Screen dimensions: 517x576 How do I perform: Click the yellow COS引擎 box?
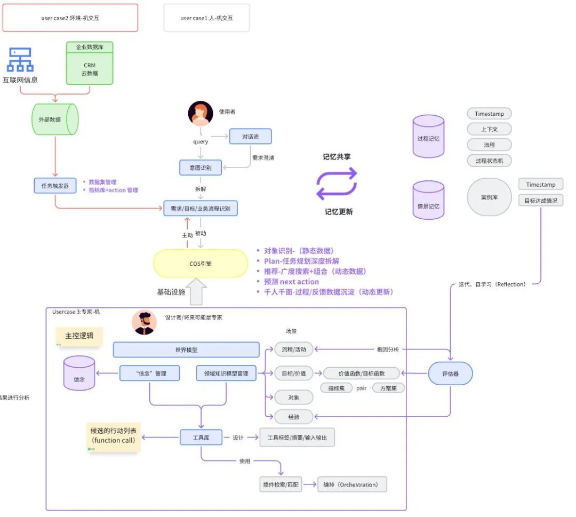coord(201,264)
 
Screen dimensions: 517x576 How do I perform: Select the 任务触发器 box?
coord(54,186)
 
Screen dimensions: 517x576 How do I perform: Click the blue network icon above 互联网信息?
coord(20,60)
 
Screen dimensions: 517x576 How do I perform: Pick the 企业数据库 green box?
coord(90,63)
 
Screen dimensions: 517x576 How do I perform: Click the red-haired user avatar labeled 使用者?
coord(201,113)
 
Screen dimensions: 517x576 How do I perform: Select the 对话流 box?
coord(250,136)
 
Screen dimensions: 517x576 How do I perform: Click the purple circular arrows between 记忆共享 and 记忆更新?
coord(337,183)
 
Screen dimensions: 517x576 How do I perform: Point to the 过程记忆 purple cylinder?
coord(428,137)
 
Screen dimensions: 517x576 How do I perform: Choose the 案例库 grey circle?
coord(489,197)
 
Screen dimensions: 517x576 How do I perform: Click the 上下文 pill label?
coord(489,129)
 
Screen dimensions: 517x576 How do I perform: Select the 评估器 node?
coord(450,373)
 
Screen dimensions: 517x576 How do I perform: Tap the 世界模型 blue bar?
coord(186,350)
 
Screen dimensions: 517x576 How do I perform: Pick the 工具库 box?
coord(201,438)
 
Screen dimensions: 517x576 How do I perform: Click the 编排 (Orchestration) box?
coord(351,484)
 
